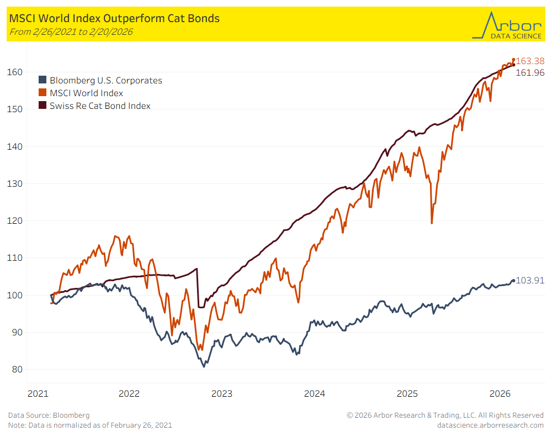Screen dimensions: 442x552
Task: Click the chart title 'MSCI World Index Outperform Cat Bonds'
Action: pos(114,19)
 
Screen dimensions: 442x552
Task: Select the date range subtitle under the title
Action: pos(71,31)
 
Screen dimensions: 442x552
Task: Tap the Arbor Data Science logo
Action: pos(507,25)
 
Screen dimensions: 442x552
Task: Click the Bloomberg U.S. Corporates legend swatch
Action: pos(43,81)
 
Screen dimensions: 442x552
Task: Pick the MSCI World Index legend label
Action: pos(86,93)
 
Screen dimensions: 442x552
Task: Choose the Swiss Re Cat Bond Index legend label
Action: pos(100,106)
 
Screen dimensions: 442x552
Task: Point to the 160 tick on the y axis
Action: pos(15,72)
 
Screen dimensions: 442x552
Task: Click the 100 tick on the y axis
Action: pos(15,295)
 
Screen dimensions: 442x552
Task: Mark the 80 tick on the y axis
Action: pos(17,370)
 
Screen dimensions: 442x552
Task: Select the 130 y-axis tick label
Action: pos(15,183)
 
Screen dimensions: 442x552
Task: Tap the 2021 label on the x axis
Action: pos(38,394)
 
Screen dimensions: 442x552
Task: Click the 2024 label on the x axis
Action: pos(315,394)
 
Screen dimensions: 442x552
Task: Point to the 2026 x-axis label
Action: pos(500,394)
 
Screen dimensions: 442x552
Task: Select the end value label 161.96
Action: pos(530,72)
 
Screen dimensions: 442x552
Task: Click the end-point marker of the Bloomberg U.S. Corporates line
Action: pos(513,281)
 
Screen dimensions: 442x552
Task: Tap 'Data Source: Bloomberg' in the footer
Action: pos(49,415)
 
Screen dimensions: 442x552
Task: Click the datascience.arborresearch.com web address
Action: pos(490,425)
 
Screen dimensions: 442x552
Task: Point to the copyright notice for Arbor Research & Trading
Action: pos(445,415)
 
